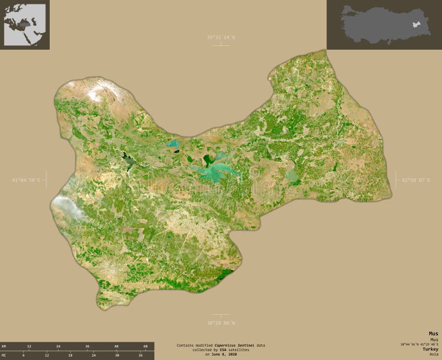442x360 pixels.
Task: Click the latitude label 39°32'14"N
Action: click(220, 37)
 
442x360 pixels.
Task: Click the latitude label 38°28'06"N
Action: click(220, 322)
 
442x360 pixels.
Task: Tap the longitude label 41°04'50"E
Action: click(26, 180)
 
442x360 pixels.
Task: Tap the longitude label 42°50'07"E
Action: click(415, 180)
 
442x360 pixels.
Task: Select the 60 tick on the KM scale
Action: click(145, 346)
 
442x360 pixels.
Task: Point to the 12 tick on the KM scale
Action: click(29, 346)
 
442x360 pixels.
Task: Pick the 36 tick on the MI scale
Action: click(140, 356)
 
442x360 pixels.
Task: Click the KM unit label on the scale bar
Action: click(4, 346)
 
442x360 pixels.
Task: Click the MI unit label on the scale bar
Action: click(4, 356)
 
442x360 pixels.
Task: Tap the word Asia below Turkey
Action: click(433, 354)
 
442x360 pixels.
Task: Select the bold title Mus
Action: click(433, 333)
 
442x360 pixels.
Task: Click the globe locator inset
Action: click(24, 24)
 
